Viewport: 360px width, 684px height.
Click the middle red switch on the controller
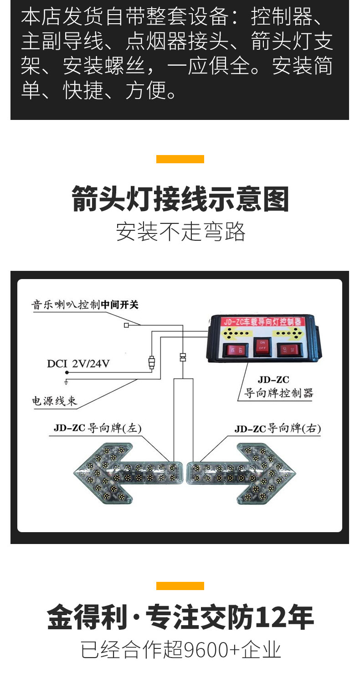pyautogui.click(x=262, y=348)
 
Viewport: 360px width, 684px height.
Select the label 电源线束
pyautogui.click(x=54, y=401)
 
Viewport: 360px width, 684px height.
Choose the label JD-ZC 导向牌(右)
pyautogui.click(x=278, y=429)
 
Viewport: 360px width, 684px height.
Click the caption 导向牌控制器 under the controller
pyautogui.click(x=278, y=393)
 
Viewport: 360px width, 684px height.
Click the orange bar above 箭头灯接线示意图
pyautogui.click(x=180, y=159)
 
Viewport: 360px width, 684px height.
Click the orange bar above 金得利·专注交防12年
pyautogui.click(x=180, y=586)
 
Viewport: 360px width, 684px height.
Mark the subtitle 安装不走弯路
pyautogui.click(x=180, y=231)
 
